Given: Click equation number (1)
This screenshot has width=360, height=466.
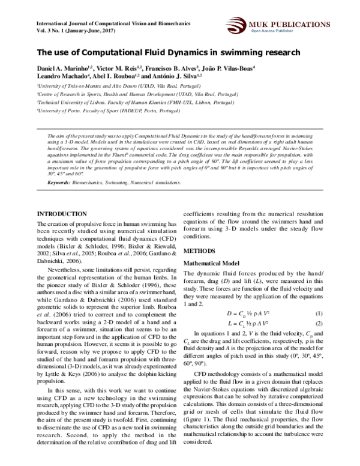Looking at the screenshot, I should pos(319,313).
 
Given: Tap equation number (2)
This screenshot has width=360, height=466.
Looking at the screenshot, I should pos(319,324).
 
